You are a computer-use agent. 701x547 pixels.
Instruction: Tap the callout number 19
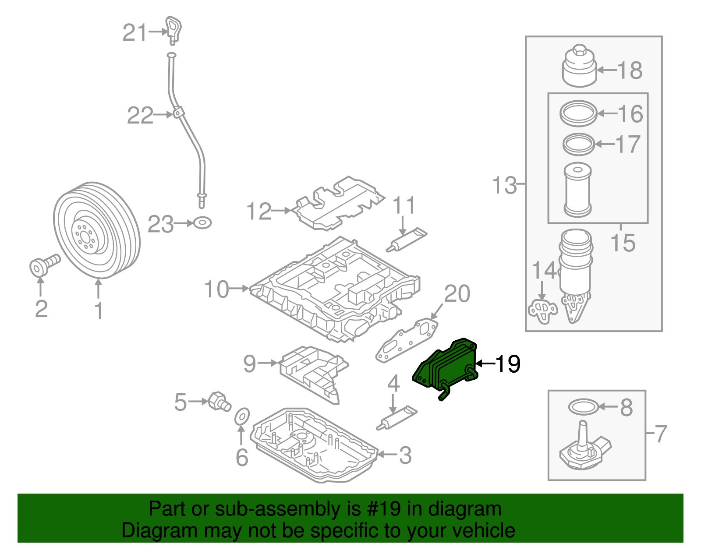[x=508, y=363]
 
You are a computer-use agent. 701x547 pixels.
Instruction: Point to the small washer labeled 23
[x=202, y=223]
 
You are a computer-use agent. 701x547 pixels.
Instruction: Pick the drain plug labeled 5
[x=220, y=401]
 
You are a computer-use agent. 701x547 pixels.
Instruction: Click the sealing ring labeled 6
[x=242, y=416]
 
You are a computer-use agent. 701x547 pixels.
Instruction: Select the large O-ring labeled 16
[x=578, y=113]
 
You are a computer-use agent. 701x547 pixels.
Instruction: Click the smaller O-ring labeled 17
[x=578, y=144]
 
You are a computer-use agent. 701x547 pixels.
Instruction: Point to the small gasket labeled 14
[x=543, y=310]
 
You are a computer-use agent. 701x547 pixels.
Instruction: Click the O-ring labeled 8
[x=583, y=407]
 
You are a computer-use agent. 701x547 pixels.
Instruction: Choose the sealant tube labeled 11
[x=407, y=240]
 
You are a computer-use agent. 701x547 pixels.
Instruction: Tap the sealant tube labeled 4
[x=397, y=418]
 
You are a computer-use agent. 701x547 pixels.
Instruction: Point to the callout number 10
[x=216, y=289]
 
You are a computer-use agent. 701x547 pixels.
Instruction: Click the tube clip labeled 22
[x=177, y=113]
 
